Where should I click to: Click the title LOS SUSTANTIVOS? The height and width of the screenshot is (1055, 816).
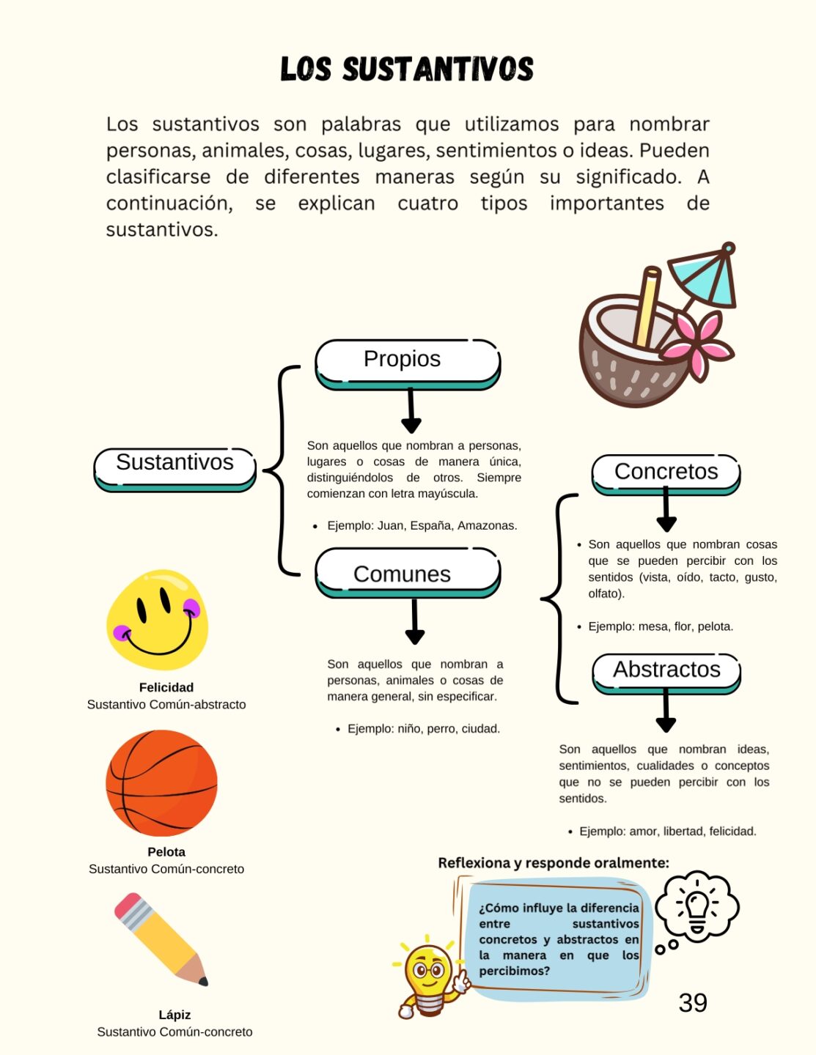click(x=407, y=70)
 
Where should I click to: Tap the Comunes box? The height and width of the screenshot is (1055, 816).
click(x=407, y=574)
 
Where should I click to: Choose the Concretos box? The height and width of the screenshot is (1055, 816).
click(x=666, y=473)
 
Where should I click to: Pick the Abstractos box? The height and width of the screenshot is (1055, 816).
click(x=666, y=670)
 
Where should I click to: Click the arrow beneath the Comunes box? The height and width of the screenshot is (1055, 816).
click(x=415, y=623)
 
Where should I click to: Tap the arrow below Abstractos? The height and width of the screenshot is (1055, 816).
click(x=666, y=712)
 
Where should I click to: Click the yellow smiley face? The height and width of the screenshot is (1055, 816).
click(x=157, y=620)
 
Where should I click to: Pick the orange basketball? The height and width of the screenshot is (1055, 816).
click(x=161, y=783)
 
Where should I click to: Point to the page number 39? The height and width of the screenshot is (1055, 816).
click(x=693, y=1003)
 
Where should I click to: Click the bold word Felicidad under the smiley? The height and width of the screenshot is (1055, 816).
click(x=166, y=687)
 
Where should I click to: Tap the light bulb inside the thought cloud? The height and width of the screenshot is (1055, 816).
click(x=696, y=906)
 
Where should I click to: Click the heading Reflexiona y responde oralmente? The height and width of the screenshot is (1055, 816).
click(x=554, y=863)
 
